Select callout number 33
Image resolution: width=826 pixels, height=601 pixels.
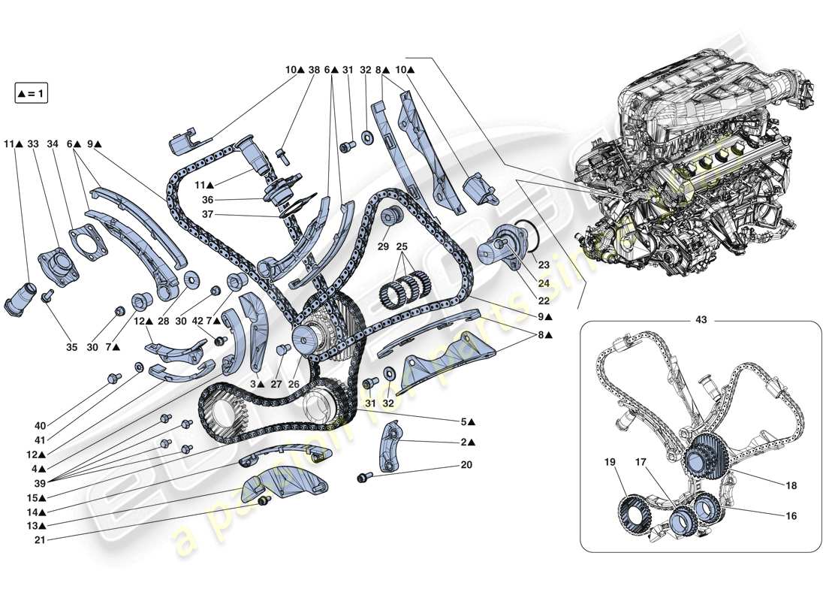click(x=33, y=143)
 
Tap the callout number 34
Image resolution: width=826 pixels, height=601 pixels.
click(x=52, y=143)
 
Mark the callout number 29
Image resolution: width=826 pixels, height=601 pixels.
click(x=382, y=247)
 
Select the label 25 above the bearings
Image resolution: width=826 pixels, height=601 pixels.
click(x=402, y=247)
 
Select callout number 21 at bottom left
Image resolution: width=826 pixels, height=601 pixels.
click(x=40, y=539)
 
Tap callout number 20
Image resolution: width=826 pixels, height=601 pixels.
click(x=466, y=465)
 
